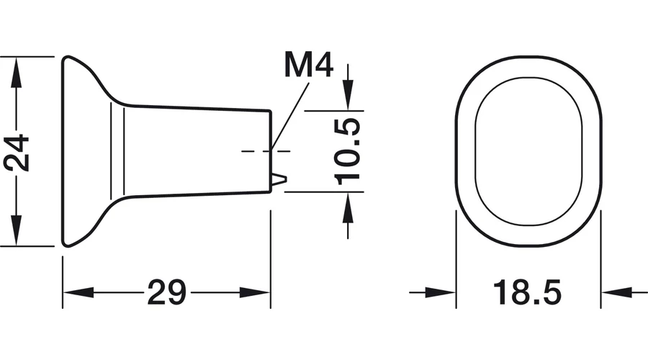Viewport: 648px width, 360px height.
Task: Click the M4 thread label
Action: (x=309, y=65)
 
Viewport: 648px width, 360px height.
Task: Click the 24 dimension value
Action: (x=17, y=153)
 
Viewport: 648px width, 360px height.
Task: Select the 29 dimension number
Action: (x=166, y=292)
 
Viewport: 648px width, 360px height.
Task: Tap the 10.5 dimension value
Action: (x=347, y=152)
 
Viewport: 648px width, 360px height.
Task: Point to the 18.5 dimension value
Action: (x=527, y=292)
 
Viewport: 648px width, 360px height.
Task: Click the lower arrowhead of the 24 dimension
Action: (x=16, y=230)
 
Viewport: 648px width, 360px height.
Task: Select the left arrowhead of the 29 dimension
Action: (x=78, y=292)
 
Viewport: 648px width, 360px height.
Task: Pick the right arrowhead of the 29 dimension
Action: (x=255, y=292)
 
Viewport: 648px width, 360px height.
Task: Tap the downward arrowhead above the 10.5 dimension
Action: (x=348, y=96)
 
